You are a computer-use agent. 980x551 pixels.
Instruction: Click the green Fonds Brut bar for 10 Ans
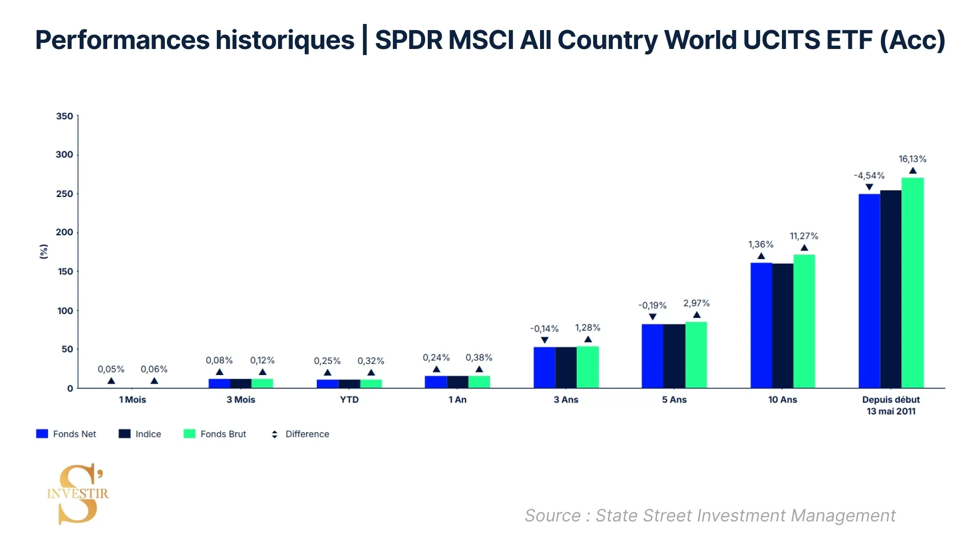click(804, 321)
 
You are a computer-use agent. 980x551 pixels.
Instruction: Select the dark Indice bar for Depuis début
click(891, 289)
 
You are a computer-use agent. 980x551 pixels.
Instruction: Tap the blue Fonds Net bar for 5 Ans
click(652, 356)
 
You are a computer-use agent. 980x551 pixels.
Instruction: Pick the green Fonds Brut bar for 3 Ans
click(587, 367)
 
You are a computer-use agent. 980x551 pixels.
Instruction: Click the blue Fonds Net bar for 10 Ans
click(761, 325)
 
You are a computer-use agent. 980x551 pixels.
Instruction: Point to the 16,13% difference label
click(912, 159)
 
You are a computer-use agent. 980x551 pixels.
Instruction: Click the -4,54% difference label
click(869, 176)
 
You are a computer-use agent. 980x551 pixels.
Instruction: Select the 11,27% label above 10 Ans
click(804, 236)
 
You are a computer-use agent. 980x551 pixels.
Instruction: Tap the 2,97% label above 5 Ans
click(696, 303)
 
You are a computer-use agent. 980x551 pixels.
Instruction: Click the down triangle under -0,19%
click(652, 317)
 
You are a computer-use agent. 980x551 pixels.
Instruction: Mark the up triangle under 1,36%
click(761, 256)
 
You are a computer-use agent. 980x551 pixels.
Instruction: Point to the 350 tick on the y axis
click(64, 116)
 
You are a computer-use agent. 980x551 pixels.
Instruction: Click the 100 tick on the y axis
click(65, 311)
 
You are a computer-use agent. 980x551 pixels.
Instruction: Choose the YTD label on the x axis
click(349, 399)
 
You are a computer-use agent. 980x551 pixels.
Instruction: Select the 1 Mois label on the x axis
click(132, 399)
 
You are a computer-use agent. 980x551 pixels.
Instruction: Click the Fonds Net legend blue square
click(42, 434)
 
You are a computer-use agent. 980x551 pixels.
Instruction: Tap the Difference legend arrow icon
click(275, 434)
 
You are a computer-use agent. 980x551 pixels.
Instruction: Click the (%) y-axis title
click(44, 252)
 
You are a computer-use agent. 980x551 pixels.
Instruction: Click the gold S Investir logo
click(78, 493)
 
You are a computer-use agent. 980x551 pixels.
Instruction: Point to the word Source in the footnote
click(552, 516)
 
